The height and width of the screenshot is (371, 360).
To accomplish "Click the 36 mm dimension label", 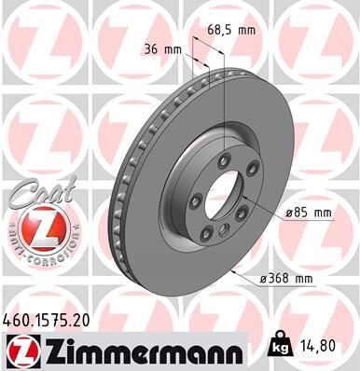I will (x=160, y=49).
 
